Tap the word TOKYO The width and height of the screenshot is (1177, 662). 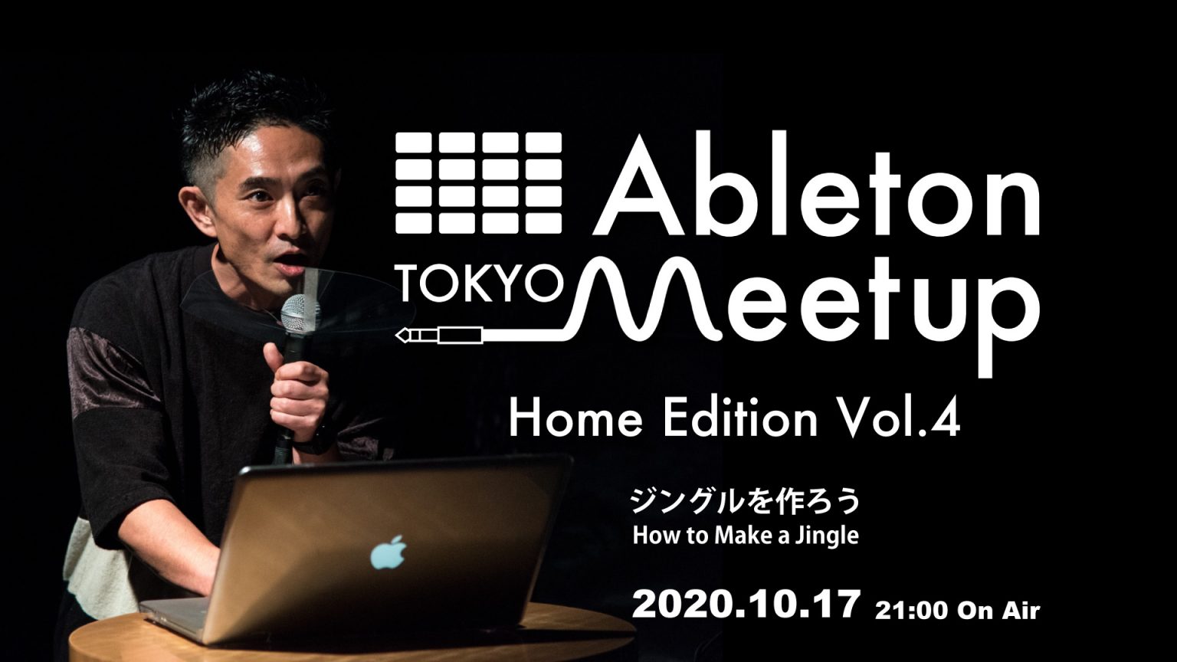point(480,283)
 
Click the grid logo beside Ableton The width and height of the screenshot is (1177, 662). point(479,182)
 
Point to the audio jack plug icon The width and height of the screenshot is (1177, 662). point(439,335)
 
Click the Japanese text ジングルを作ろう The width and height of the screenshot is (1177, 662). point(746,500)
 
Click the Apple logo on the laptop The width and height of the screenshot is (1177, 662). point(389,552)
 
